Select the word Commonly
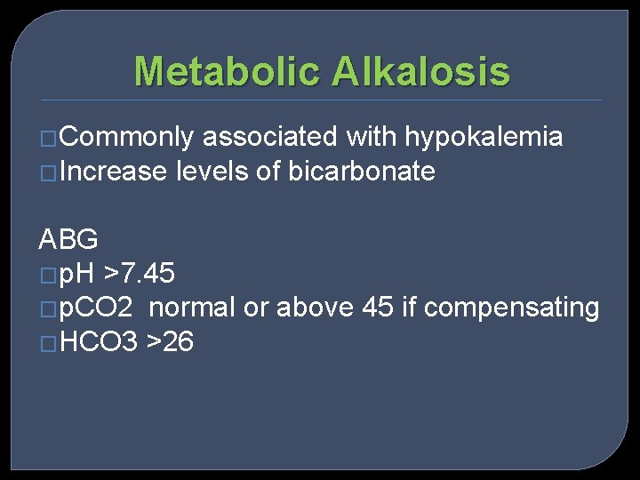[x=128, y=137]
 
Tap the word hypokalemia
[x=484, y=137]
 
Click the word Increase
[x=115, y=172]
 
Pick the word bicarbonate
[x=362, y=172]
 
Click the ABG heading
[x=68, y=239]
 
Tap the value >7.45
[x=140, y=274]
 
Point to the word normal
[x=192, y=308]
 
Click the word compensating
[x=512, y=308]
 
